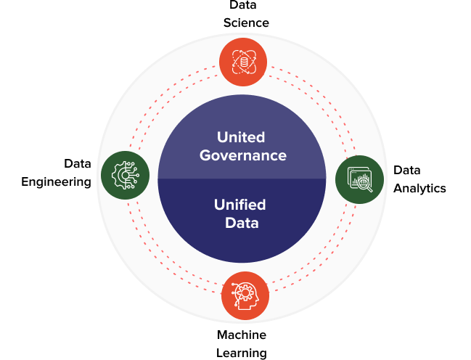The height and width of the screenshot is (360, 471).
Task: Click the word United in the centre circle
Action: click(x=242, y=137)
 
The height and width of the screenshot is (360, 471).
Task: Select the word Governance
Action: click(x=242, y=155)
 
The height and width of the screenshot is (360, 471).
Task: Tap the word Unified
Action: click(x=239, y=205)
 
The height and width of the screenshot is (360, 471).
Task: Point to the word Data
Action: click(x=242, y=223)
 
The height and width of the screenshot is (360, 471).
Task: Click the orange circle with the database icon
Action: click(x=243, y=62)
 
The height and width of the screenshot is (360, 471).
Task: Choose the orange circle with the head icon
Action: click(x=245, y=295)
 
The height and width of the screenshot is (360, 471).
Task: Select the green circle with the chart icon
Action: click(x=359, y=179)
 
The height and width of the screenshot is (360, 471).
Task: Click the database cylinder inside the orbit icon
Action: click(x=244, y=62)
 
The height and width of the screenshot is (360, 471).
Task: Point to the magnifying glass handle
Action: click(x=369, y=191)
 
